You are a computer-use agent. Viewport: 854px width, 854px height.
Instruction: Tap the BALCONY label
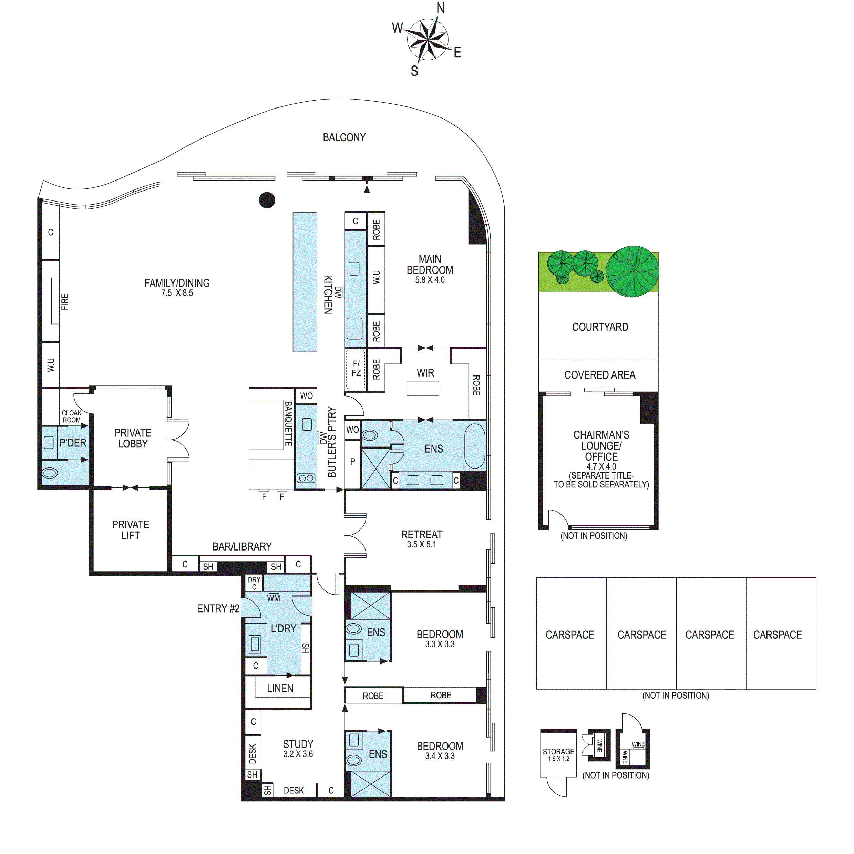[344, 137]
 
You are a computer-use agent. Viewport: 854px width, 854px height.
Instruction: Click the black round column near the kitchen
[267, 200]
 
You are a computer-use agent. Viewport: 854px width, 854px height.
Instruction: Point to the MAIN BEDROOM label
[430, 264]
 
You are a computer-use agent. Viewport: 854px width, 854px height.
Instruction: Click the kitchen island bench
[305, 282]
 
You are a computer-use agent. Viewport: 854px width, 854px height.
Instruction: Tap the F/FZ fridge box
[356, 370]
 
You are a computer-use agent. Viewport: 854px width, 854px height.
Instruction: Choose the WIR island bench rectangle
[423, 389]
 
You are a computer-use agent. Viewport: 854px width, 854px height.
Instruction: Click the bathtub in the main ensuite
[475, 446]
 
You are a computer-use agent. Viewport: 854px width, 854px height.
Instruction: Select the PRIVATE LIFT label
[131, 530]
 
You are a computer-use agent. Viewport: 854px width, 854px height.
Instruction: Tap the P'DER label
[73, 443]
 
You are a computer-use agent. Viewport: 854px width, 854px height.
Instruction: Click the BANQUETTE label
[288, 423]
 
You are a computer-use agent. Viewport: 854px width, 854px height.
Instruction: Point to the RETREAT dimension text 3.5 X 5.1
[422, 545]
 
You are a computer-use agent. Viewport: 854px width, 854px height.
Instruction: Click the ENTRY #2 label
[218, 609]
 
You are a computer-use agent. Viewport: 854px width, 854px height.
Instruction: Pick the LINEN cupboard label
[280, 688]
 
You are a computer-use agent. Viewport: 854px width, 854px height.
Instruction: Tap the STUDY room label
[298, 744]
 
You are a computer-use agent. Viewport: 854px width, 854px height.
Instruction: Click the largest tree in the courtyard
[632, 271]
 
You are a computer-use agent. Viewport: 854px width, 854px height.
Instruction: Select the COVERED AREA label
[600, 375]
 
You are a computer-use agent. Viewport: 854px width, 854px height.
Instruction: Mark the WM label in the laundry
[274, 598]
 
